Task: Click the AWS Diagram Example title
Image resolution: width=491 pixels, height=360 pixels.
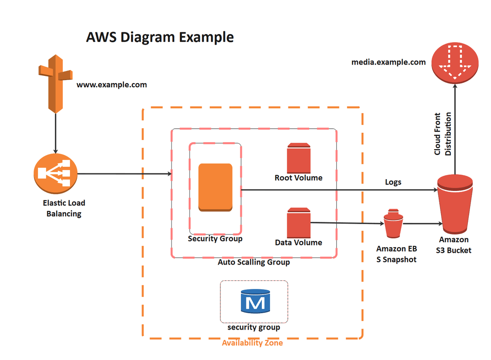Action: pos(160,37)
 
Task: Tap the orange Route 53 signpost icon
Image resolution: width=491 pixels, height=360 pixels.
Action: pos(55,82)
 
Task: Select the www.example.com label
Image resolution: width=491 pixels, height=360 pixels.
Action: pos(111,85)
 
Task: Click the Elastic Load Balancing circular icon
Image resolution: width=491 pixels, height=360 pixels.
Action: pos(55,173)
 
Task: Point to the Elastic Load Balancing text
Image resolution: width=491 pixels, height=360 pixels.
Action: pos(64,208)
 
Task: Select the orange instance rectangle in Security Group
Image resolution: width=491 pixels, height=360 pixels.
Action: pos(215,187)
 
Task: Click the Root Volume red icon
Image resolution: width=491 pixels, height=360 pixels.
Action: pos(298,157)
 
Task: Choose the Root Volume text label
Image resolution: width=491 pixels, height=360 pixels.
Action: pos(298,178)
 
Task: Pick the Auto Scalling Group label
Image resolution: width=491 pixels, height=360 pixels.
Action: pos(254,262)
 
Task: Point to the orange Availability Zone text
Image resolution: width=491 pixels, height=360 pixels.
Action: pos(252,343)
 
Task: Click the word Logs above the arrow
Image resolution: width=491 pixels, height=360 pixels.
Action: pos(393,182)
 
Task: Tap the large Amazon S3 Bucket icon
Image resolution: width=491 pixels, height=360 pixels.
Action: pos(455,205)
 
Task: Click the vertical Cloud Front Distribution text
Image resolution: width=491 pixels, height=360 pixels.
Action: pos(443,134)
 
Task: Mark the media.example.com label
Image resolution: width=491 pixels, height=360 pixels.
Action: pos(389,62)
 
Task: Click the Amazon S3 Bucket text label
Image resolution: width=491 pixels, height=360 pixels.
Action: pos(455,245)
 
